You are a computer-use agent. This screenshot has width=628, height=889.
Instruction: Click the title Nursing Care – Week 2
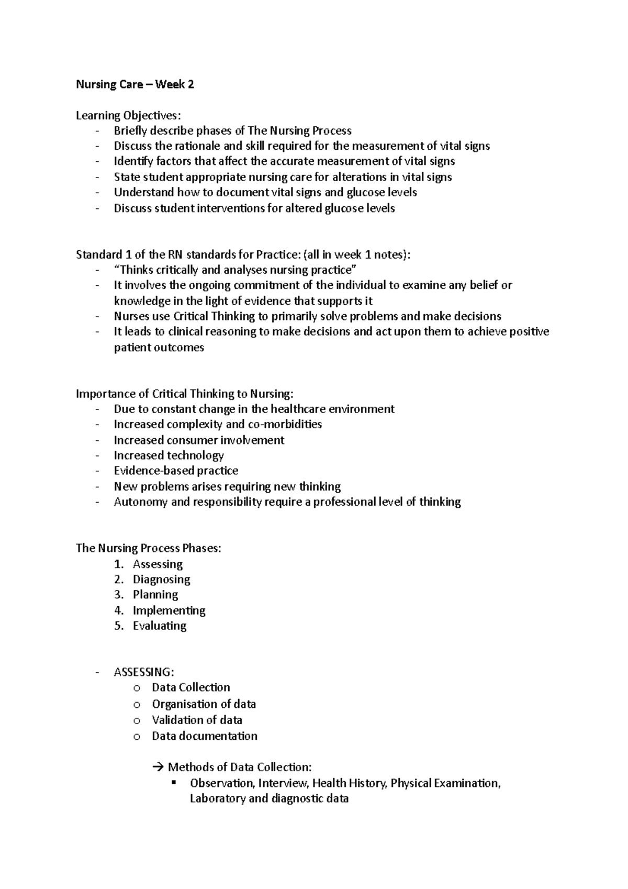point(135,84)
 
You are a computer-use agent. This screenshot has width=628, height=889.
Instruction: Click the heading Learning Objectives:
point(130,115)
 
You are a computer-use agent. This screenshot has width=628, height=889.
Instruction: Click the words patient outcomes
point(159,347)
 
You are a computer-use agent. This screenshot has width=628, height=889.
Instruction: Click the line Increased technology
point(169,455)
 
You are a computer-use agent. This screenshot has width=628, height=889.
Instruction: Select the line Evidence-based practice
point(176,470)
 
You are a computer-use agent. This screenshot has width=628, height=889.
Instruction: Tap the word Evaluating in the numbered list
point(160,626)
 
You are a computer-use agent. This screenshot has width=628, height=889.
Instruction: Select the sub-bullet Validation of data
point(197,720)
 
